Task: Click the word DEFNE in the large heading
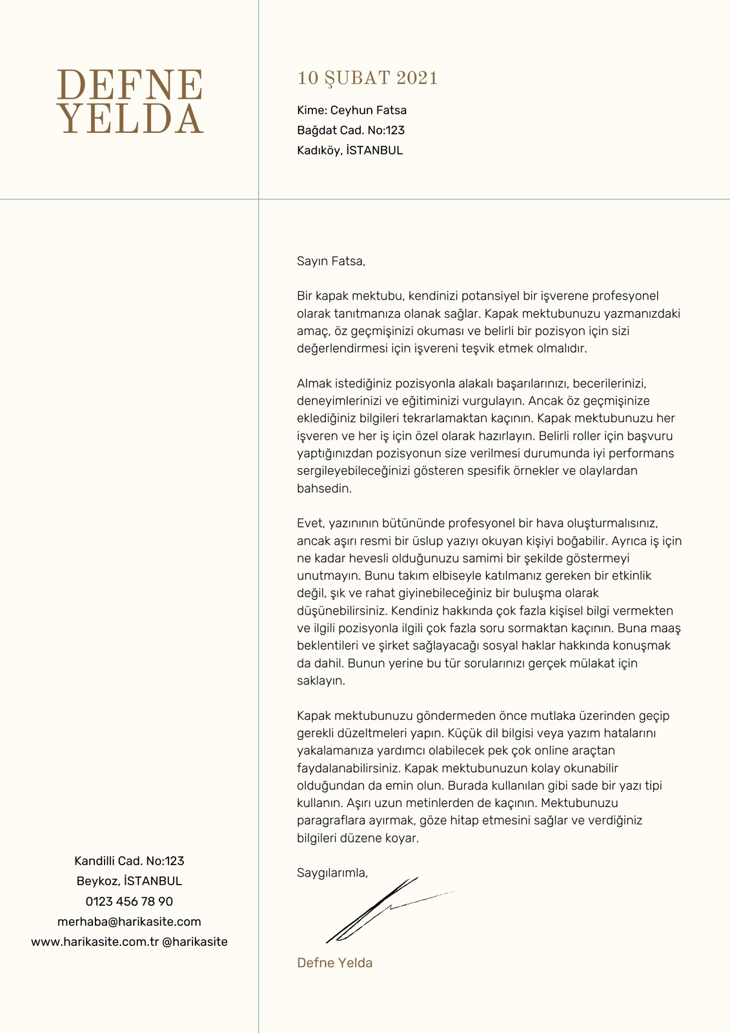click(130, 85)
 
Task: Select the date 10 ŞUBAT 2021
click(367, 78)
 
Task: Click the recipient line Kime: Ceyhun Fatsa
click(352, 110)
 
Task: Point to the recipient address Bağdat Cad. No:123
click(350, 130)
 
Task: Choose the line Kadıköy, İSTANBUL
click(350, 150)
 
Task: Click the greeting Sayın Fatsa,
click(331, 261)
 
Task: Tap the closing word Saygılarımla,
click(332, 873)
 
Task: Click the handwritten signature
click(381, 910)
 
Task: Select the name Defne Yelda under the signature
click(334, 963)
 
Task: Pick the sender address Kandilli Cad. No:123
click(129, 861)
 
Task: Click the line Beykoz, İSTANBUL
click(129, 881)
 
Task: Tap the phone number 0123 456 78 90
click(129, 901)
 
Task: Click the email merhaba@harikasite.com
click(129, 922)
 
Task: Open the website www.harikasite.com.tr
click(95, 942)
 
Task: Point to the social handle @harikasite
click(195, 942)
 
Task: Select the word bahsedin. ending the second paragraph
click(325, 489)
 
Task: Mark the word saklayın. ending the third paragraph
click(321, 681)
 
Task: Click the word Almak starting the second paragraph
click(313, 384)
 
